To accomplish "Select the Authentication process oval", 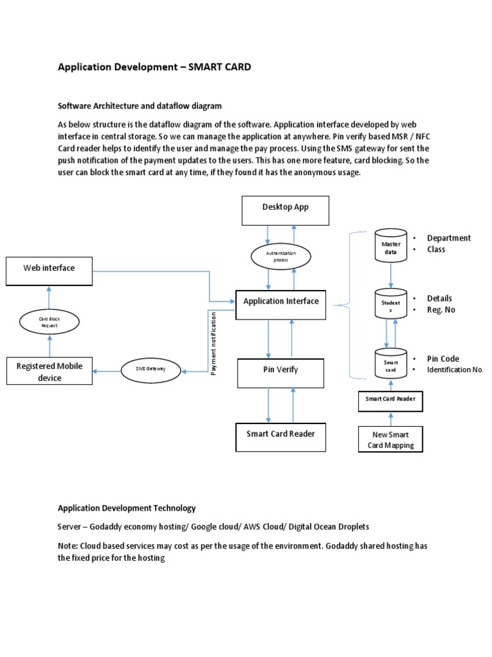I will [x=281, y=257].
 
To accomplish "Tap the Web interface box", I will [x=49, y=270].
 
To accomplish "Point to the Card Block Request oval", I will [x=49, y=321].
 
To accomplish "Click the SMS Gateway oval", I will [x=151, y=370].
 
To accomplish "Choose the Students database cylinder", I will [x=391, y=305].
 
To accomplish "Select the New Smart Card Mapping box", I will [x=391, y=440].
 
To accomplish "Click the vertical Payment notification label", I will [x=214, y=343].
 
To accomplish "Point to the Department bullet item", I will [x=448, y=238].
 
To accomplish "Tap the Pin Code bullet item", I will [x=443, y=359].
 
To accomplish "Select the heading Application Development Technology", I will [x=127, y=508].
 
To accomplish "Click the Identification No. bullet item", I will [x=455, y=370].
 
